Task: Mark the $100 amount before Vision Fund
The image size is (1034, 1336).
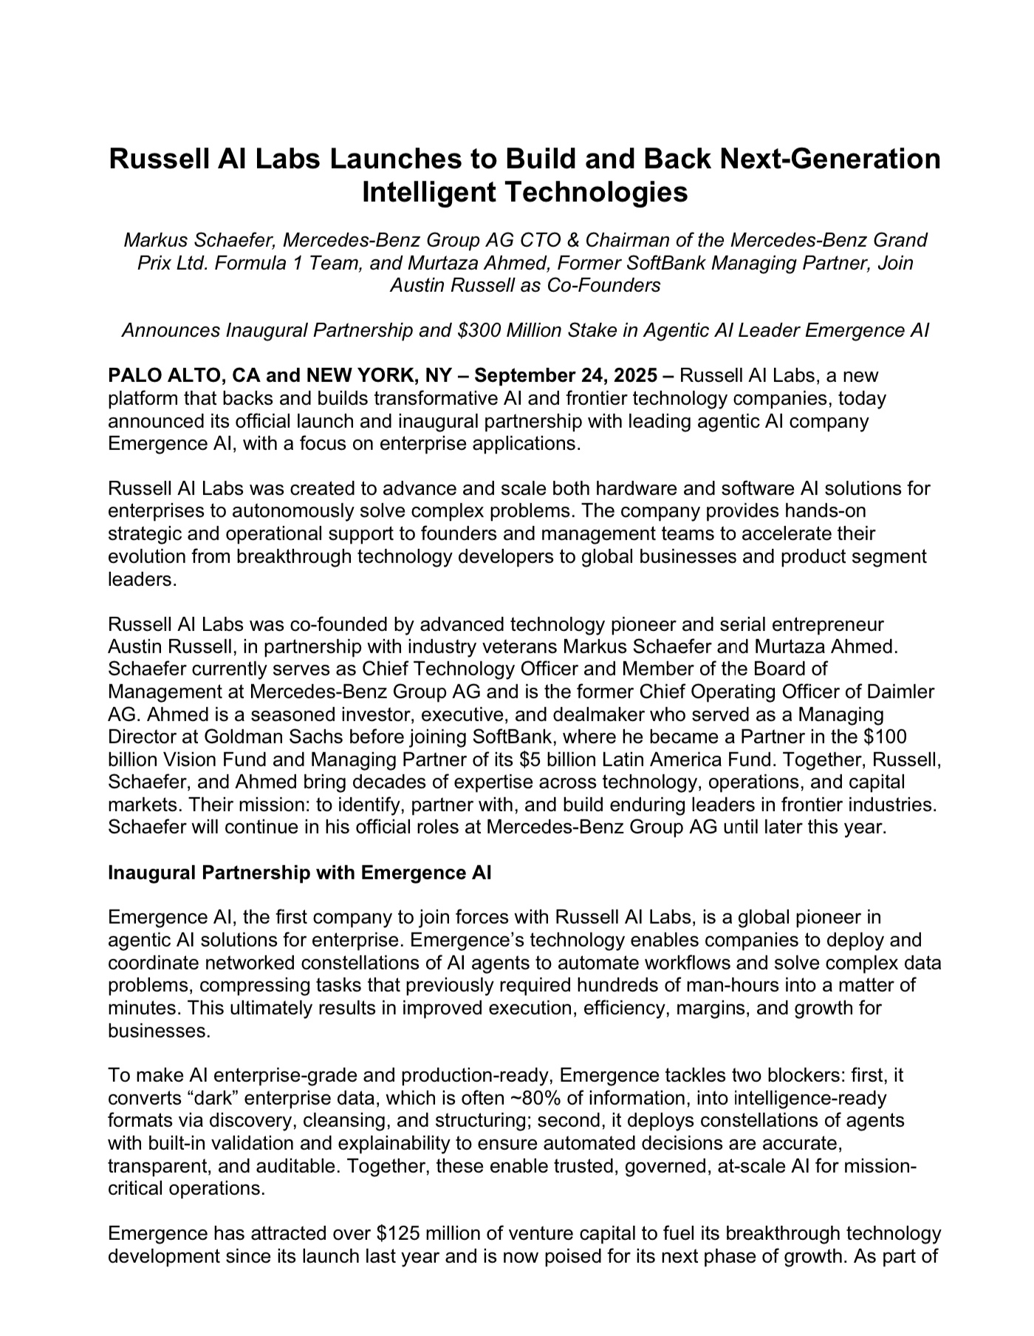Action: pos(886,737)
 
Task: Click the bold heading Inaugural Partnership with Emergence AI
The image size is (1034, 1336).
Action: pos(299,873)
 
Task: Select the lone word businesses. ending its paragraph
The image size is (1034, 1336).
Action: pos(159,1031)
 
